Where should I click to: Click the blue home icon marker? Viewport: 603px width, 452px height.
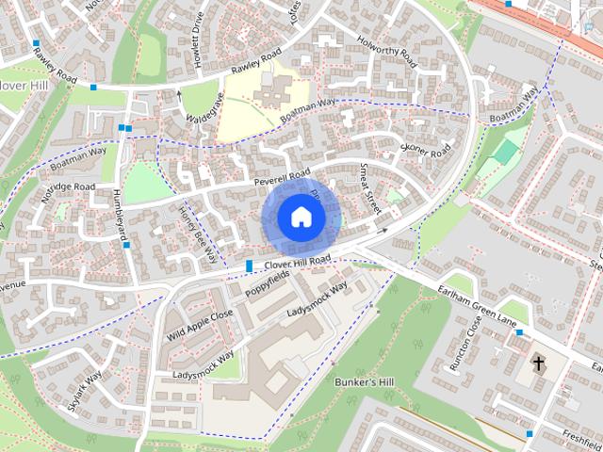coord(301,217)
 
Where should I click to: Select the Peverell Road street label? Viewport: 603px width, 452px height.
coord(281,176)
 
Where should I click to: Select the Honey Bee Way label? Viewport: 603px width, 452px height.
coord(198,232)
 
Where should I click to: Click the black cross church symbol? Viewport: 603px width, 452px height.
coord(539,363)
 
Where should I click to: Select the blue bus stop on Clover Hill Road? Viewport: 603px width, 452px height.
coord(249,266)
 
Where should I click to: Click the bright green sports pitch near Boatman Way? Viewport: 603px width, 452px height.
coord(506,152)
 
